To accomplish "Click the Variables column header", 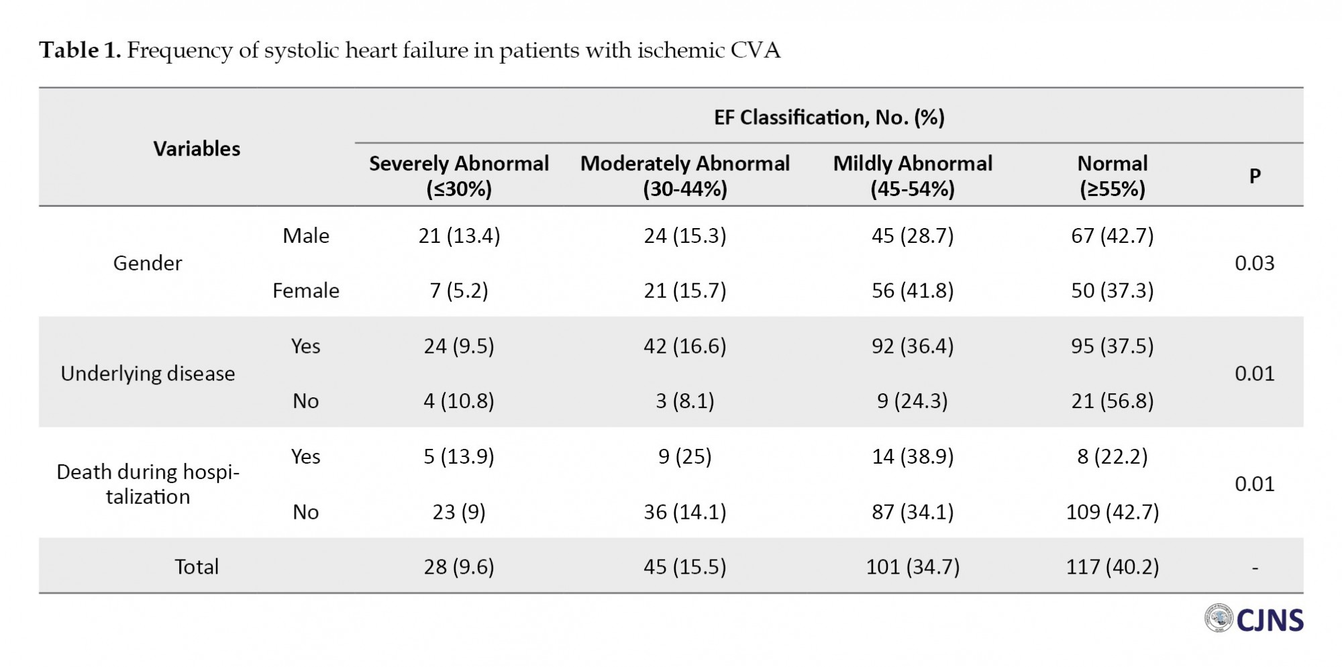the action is tap(197, 148).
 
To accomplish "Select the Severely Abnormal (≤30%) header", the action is tap(459, 176).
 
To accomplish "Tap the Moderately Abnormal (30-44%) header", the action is tap(685, 176).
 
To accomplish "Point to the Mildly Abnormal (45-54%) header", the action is tap(913, 176).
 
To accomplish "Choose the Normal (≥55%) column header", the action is tap(1113, 176).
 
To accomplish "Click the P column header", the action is tap(1255, 176).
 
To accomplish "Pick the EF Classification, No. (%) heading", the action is tap(829, 117).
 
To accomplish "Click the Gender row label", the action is tap(148, 263).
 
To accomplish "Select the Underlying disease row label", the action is tap(148, 374).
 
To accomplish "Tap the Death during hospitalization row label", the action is tap(148, 484).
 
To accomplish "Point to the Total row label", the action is tap(197, 567).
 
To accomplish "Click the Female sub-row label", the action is tap(306, 291).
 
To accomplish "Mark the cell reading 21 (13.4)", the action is tap(459, 236).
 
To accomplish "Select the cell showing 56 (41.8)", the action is tap(913, 291).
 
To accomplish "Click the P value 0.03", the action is tap(1255, 263).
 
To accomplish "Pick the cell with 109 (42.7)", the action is tap(1113, 512).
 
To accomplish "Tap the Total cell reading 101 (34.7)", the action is tap(913, 567).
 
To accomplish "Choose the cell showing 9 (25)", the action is tap(685, 456).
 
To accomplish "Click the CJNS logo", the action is tap(1253, 619).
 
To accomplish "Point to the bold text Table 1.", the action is tap(80, 50).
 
